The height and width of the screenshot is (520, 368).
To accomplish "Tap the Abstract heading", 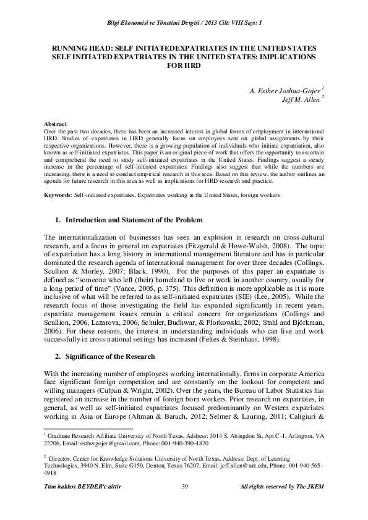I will (x=59, y=124).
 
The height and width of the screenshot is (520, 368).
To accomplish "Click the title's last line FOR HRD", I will (x=184, y=65).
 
